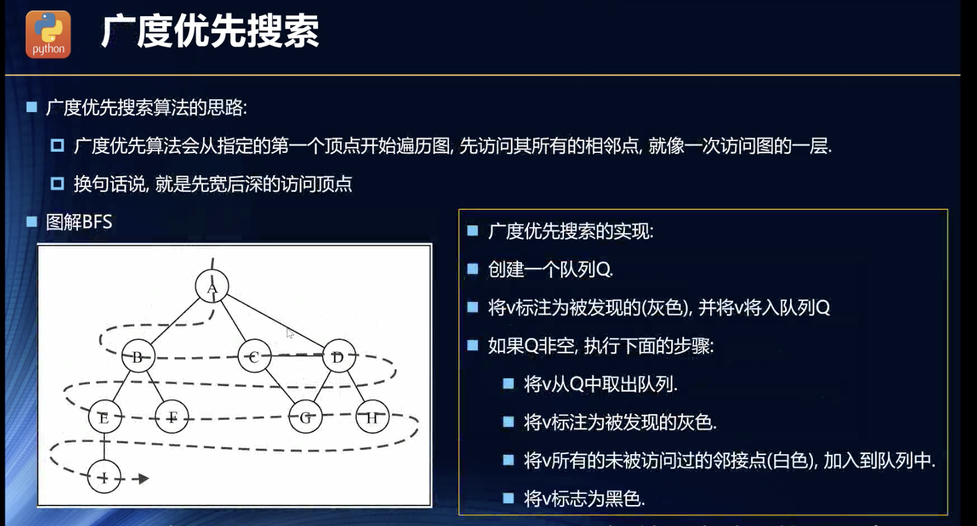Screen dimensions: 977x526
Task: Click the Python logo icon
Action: click(x=48, y=35)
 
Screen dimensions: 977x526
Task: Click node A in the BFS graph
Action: click(x=212, y=287)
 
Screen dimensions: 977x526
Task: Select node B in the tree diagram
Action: click(x=138, y=356)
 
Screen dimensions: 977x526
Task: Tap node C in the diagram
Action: click(x=254, y=356)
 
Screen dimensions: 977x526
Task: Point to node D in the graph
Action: click(x=339, y=356)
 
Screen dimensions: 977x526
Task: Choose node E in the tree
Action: click(x=105, y=416)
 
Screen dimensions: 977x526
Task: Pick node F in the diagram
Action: click(x=172, y=416)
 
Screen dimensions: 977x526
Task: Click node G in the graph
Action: click(x=305, y=416)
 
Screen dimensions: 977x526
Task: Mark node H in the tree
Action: click(x=372, y=416)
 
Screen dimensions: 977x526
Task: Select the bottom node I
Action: click(x=104, y=476)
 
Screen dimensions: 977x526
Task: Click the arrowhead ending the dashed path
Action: click(x=144, y=478)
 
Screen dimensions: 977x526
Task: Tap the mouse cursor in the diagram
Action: click(x=290, y=333)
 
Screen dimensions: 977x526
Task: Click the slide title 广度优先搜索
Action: click(x=210, y=32)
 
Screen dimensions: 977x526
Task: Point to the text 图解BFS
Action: click(x=79, y=222)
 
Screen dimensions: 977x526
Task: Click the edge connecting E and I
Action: click(x=104, y=447)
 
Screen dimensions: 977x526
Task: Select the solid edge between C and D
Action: click(x=297, y=355)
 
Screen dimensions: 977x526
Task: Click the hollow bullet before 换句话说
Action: click(x=57, y=183)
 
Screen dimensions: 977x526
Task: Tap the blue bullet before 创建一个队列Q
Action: click(x=473, y=269)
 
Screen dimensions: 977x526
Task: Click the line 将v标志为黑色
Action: click(x=584, y=499)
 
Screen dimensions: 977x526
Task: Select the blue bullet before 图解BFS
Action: click(x=32, y=222)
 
